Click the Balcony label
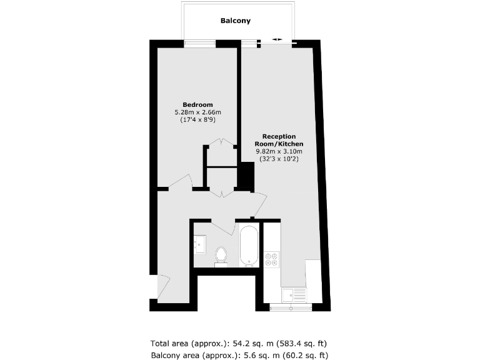(x=236, y=21)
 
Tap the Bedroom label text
(x=197, y=104)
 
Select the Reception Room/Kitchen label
(x=279, y=140)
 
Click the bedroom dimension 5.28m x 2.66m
(x=197, y=112)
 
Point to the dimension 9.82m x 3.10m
(x=279, y=151)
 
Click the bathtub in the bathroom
(x=248, y=245)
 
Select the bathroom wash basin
(x=200, y=242)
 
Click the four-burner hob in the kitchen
(x=272, y=259)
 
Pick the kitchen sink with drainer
(x=294, y=294)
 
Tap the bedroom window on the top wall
(x=200, y=43)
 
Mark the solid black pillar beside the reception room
(x=247, y=176)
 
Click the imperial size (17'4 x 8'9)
(x=197, y=121)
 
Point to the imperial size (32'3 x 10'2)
(x=279, y=159)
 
